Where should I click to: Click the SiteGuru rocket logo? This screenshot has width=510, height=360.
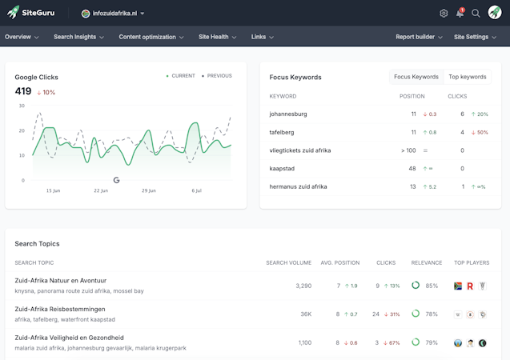pos(13,13)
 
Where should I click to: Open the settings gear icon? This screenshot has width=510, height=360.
pos(444,14)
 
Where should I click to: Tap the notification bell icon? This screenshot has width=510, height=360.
pos(460,13)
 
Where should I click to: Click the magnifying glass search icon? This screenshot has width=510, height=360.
pos(476,14)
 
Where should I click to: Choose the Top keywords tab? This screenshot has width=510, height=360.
pos(468,77)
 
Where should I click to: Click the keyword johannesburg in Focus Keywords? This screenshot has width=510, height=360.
pos(288,114)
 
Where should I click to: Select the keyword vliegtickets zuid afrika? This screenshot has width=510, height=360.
pos(300,150)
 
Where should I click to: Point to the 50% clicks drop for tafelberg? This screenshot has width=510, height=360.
pos(480,132)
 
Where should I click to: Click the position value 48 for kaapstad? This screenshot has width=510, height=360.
pos(412,169)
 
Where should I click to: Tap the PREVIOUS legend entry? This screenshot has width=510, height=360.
pos(217,76)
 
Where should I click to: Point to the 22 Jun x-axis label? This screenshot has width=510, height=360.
pos(101,190)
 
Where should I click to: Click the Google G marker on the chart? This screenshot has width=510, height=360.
pos(116,180)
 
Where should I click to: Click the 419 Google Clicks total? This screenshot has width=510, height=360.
pos(23,91)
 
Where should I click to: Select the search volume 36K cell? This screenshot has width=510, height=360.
pos(306,314)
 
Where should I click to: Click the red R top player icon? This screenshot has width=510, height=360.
pos(470,286)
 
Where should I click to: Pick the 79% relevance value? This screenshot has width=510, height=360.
pos(432,342)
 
